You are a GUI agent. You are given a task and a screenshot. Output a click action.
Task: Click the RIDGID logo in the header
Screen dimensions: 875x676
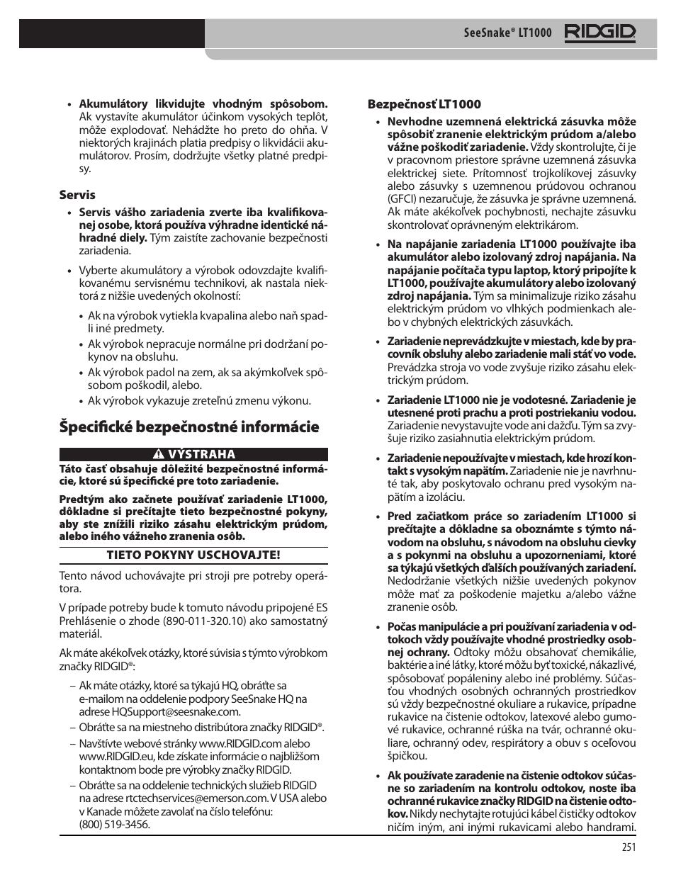pyautogui.click(x=600, y=33)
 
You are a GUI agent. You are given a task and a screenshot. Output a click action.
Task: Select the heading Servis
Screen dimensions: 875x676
pyautogui.click(x=77, y=195)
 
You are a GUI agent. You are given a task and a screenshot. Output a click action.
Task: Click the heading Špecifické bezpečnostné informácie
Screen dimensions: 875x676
pyautogui.click(x=189, y=427)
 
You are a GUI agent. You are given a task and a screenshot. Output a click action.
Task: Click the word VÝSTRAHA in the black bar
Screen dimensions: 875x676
pyautogui.click(x=201, y=455)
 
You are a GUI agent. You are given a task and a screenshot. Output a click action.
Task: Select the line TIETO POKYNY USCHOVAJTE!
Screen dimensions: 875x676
pyautogui.click(x=193, y=555)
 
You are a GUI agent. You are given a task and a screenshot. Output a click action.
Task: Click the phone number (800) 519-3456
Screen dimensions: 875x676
pyautogui.click(x=115, y=824)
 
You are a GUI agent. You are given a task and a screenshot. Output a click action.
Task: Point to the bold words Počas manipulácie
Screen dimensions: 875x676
pyautogui.click(x=433, y=626)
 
